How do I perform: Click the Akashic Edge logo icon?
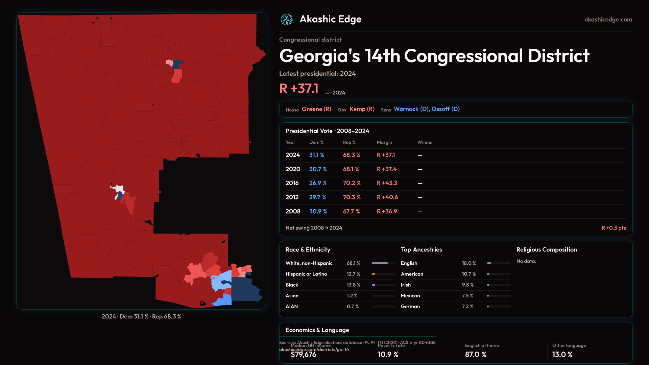pos(287,20)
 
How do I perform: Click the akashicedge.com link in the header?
pos(608,20)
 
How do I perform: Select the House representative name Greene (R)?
pos(316,109)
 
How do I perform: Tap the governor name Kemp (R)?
pos(362,109)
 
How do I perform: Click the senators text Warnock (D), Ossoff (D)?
pos(427,109)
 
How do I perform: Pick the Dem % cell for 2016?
pos(318,183)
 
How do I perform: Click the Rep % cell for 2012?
pos(352,197)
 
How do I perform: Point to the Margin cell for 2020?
pos(387,169)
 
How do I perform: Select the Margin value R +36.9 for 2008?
pos(387,212)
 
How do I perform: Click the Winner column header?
pos(425,143)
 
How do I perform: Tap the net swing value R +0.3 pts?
pos(614,228)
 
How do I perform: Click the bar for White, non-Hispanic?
pos(383,263)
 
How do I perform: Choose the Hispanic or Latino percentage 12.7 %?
pos(353,274)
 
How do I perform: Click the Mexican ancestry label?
pos(410,296)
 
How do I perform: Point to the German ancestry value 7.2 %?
pos(467,307)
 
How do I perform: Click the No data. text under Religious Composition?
pos(526,261)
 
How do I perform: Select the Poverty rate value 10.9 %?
pos(388,355)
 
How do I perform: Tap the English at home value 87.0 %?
pos(476,355)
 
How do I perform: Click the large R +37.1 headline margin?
pos(299,89)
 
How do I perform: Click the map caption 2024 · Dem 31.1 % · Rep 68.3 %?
pos(141,317)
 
